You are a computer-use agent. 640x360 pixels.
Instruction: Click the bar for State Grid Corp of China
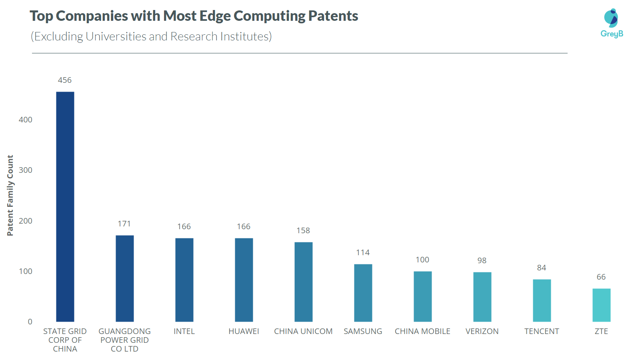pyautogui.click(x=65, y=207)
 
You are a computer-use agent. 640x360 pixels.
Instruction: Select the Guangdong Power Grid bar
pyautogui.click(x=124, y=278)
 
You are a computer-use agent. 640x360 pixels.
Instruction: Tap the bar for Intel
pyautogui.click(x=184, y=280)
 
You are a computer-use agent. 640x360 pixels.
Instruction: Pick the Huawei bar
pyautogui.click(x=244, y=280)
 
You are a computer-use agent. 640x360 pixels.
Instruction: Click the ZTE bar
pyautogui.click(x=601, y=305)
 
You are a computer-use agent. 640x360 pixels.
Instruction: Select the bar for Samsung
pyautogui.click(x=363, y=293)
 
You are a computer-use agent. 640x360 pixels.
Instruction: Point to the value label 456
pyautogui.click(x=65, y=80)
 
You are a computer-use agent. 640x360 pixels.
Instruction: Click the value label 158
pyautogui.click(x=303, y=230)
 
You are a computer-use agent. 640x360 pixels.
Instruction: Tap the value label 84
pyautogui.click(x=541, y=268)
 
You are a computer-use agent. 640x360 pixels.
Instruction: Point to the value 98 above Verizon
pyautogui.click(x=482, y=260)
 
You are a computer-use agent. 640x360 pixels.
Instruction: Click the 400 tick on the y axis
pyautogui.click(x=25, y=120)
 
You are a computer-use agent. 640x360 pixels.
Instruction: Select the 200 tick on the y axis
pyautogui.click(x=25, y=221)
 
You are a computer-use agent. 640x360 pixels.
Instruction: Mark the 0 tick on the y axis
pyautogui.click(x=30, y=322)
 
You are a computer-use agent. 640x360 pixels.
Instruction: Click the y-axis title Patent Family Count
pyautogui.click(x=10, y=195)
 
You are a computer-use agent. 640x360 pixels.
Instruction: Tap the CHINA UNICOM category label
pyautogui.click(x=303, y=331)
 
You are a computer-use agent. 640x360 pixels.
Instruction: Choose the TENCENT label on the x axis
pyautogui.click(x=541, y=331)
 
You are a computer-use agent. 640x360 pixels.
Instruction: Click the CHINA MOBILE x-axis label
pyautogui.click(x=422, y=331)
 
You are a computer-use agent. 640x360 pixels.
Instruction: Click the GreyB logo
pyautogui.click(x=612, y=23)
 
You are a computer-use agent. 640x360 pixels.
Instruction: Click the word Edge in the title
pyautogui.click(x=215, y=16)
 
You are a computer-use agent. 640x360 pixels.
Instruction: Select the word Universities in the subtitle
pyautogui.click(x=116, y=36)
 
